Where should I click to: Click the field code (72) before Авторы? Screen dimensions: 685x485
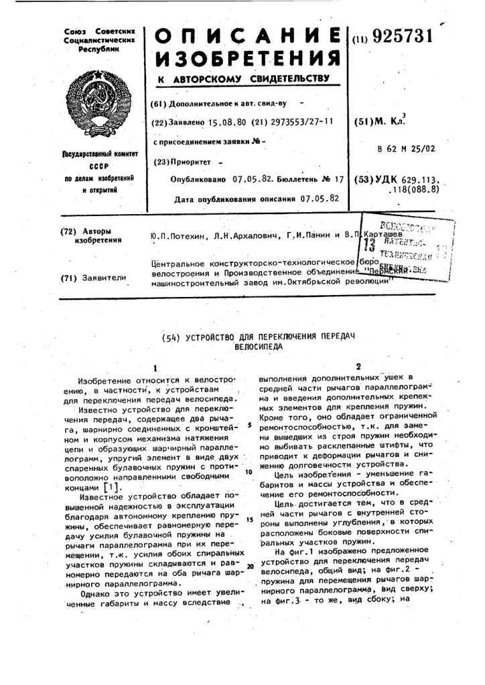tap(68, 231)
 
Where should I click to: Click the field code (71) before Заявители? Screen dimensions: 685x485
tap(68, 277)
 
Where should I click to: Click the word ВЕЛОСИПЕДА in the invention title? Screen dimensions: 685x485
tap(258, 347)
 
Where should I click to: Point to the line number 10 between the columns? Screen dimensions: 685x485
tap(249, 472)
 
